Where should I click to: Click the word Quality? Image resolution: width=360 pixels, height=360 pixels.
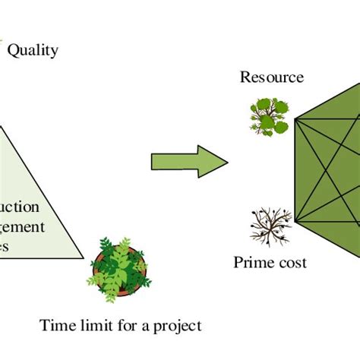(33, 52)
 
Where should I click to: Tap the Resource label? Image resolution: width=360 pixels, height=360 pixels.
(272, 77)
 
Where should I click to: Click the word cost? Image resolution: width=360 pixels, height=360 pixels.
(292, 263)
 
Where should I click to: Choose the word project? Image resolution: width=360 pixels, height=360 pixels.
(178, 327)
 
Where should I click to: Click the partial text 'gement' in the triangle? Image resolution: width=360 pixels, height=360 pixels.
(23, 226)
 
